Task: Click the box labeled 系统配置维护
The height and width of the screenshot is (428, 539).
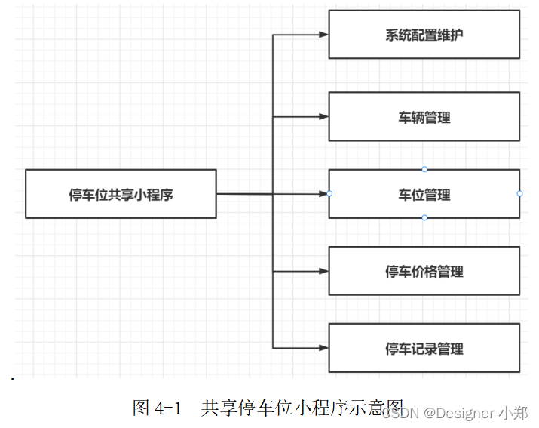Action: coord(424,34)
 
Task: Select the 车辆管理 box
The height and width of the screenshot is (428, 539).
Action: coord(424,117)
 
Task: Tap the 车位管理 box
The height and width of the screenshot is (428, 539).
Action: coord(424,195)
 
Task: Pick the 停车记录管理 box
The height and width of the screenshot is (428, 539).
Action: coord(424,349)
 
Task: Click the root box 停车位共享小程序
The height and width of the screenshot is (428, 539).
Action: coord(121,194)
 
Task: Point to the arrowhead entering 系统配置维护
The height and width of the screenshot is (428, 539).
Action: coord(323,35)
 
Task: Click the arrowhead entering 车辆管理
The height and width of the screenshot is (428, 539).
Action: coord(323,117)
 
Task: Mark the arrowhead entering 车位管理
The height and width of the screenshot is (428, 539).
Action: coord(323,194)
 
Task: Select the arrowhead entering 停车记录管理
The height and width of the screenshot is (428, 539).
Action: coord(323,348)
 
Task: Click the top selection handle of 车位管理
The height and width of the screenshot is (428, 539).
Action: coord(424,169)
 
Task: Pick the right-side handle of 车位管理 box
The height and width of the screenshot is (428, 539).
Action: coord(519,194)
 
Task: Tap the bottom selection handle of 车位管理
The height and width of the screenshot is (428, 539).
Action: coord(424,218)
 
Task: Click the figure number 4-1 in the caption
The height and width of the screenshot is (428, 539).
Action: coord(168,408)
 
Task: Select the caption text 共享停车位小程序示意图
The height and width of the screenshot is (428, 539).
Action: coord(302,408)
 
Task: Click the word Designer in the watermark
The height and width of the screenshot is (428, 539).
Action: coord(459,413)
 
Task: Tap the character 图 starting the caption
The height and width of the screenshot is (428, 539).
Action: coord(141,408)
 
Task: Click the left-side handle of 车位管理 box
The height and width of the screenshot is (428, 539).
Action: coord(329,194)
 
